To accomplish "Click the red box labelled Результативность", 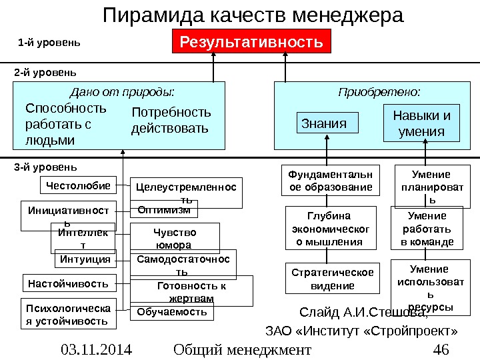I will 252,43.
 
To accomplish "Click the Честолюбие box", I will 77,183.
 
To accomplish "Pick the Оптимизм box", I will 163,211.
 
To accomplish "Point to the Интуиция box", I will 85,259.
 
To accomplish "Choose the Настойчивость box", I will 69,284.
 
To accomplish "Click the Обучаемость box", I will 173,312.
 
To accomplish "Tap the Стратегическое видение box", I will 333,279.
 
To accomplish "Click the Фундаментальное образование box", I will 330,181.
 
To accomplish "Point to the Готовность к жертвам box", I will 191,291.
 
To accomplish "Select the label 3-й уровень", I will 45,167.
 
